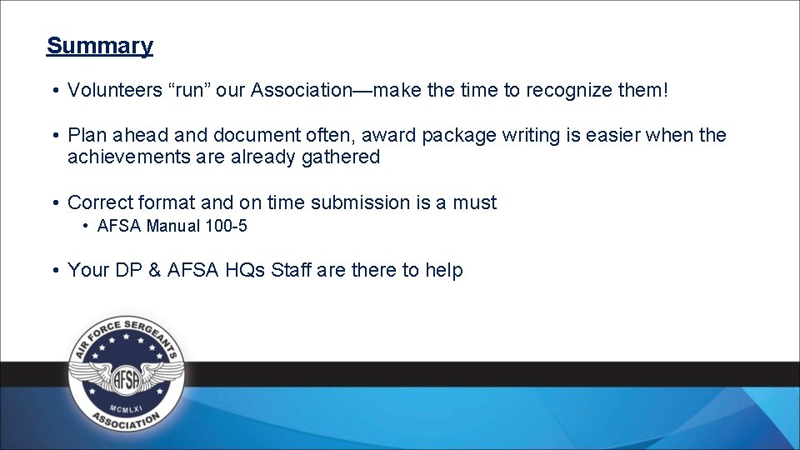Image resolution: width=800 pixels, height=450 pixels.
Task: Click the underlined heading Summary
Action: coord(100,46)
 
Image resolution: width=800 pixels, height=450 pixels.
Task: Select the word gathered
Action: coord(340,157)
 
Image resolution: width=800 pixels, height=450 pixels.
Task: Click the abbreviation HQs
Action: coord(245,270)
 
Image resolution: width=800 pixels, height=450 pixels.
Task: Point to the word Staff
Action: coord(296,270)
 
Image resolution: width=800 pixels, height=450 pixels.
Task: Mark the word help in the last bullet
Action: coord(444,270)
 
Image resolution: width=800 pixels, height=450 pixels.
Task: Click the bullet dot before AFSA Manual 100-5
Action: coord(87,226)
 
